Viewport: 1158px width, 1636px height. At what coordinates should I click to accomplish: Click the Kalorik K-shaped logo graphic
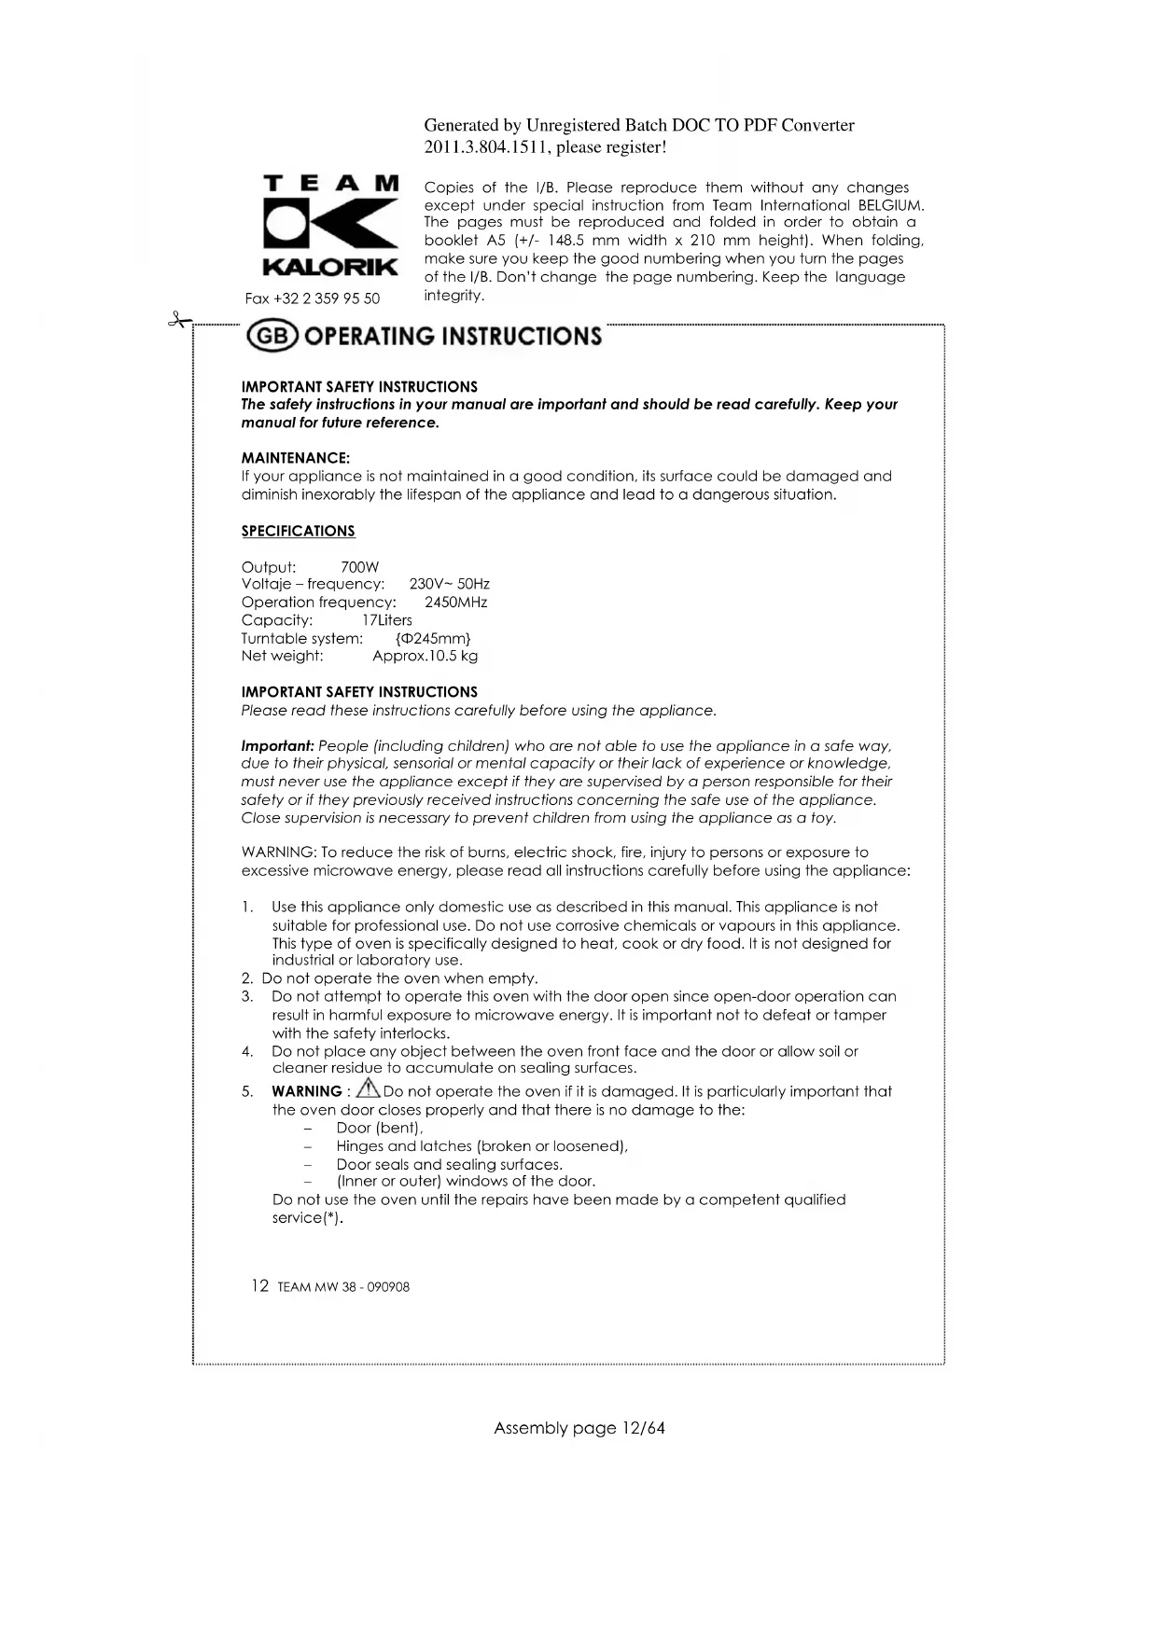(x=331, y=224)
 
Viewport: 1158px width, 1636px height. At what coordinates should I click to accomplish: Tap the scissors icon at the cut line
(x=177, y=321)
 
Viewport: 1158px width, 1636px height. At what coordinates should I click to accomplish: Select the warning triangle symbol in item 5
(x=369, y=1088)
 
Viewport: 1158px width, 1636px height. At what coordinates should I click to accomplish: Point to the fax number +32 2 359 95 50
(x=313, y=298)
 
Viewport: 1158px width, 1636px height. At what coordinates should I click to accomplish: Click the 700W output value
(x=360, y=567)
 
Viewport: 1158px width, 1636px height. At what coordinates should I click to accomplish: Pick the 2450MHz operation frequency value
(x=455, y=603)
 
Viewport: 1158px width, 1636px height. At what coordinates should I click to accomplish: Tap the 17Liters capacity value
(x=386, y=620)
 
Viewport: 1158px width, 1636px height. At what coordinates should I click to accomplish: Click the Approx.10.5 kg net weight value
(x=425, y=656)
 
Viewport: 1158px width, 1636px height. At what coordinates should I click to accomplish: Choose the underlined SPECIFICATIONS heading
(x=299, y=531)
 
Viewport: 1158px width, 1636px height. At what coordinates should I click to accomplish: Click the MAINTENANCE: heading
(x=296, y=458)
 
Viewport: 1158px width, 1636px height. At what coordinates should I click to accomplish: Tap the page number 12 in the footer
(x=259, y=1286)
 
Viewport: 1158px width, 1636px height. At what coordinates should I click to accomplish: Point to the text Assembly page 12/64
(x=579, y=1428)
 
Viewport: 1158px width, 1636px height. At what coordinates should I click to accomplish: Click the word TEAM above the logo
(x=331, y=184)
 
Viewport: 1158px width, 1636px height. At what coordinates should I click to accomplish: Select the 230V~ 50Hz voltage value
(x=449, y=584)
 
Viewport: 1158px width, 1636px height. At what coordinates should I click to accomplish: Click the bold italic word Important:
(x=277, y=746)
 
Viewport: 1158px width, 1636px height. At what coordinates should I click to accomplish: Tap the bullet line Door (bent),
(x=380, y=1128)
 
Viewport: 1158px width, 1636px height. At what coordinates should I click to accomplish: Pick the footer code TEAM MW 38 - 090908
(x=343, y=1287)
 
